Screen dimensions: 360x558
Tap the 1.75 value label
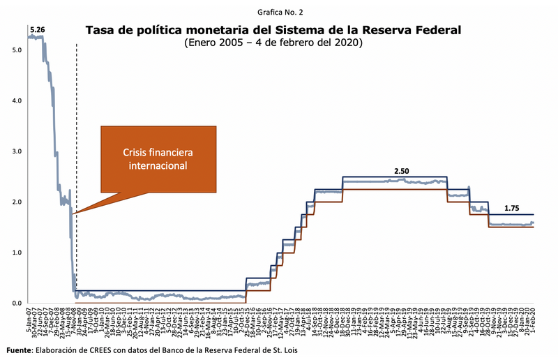(513, 207)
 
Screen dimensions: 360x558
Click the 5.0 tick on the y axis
(17, 50)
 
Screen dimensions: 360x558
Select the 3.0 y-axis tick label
(17, 151)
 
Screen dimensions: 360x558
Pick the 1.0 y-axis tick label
(17, 253)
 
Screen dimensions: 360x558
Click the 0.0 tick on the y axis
(17, 303)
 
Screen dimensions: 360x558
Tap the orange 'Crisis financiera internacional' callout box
(158, 158)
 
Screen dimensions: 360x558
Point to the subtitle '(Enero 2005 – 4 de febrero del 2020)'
(273, 43)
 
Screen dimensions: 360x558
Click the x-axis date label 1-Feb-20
(533, 320)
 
